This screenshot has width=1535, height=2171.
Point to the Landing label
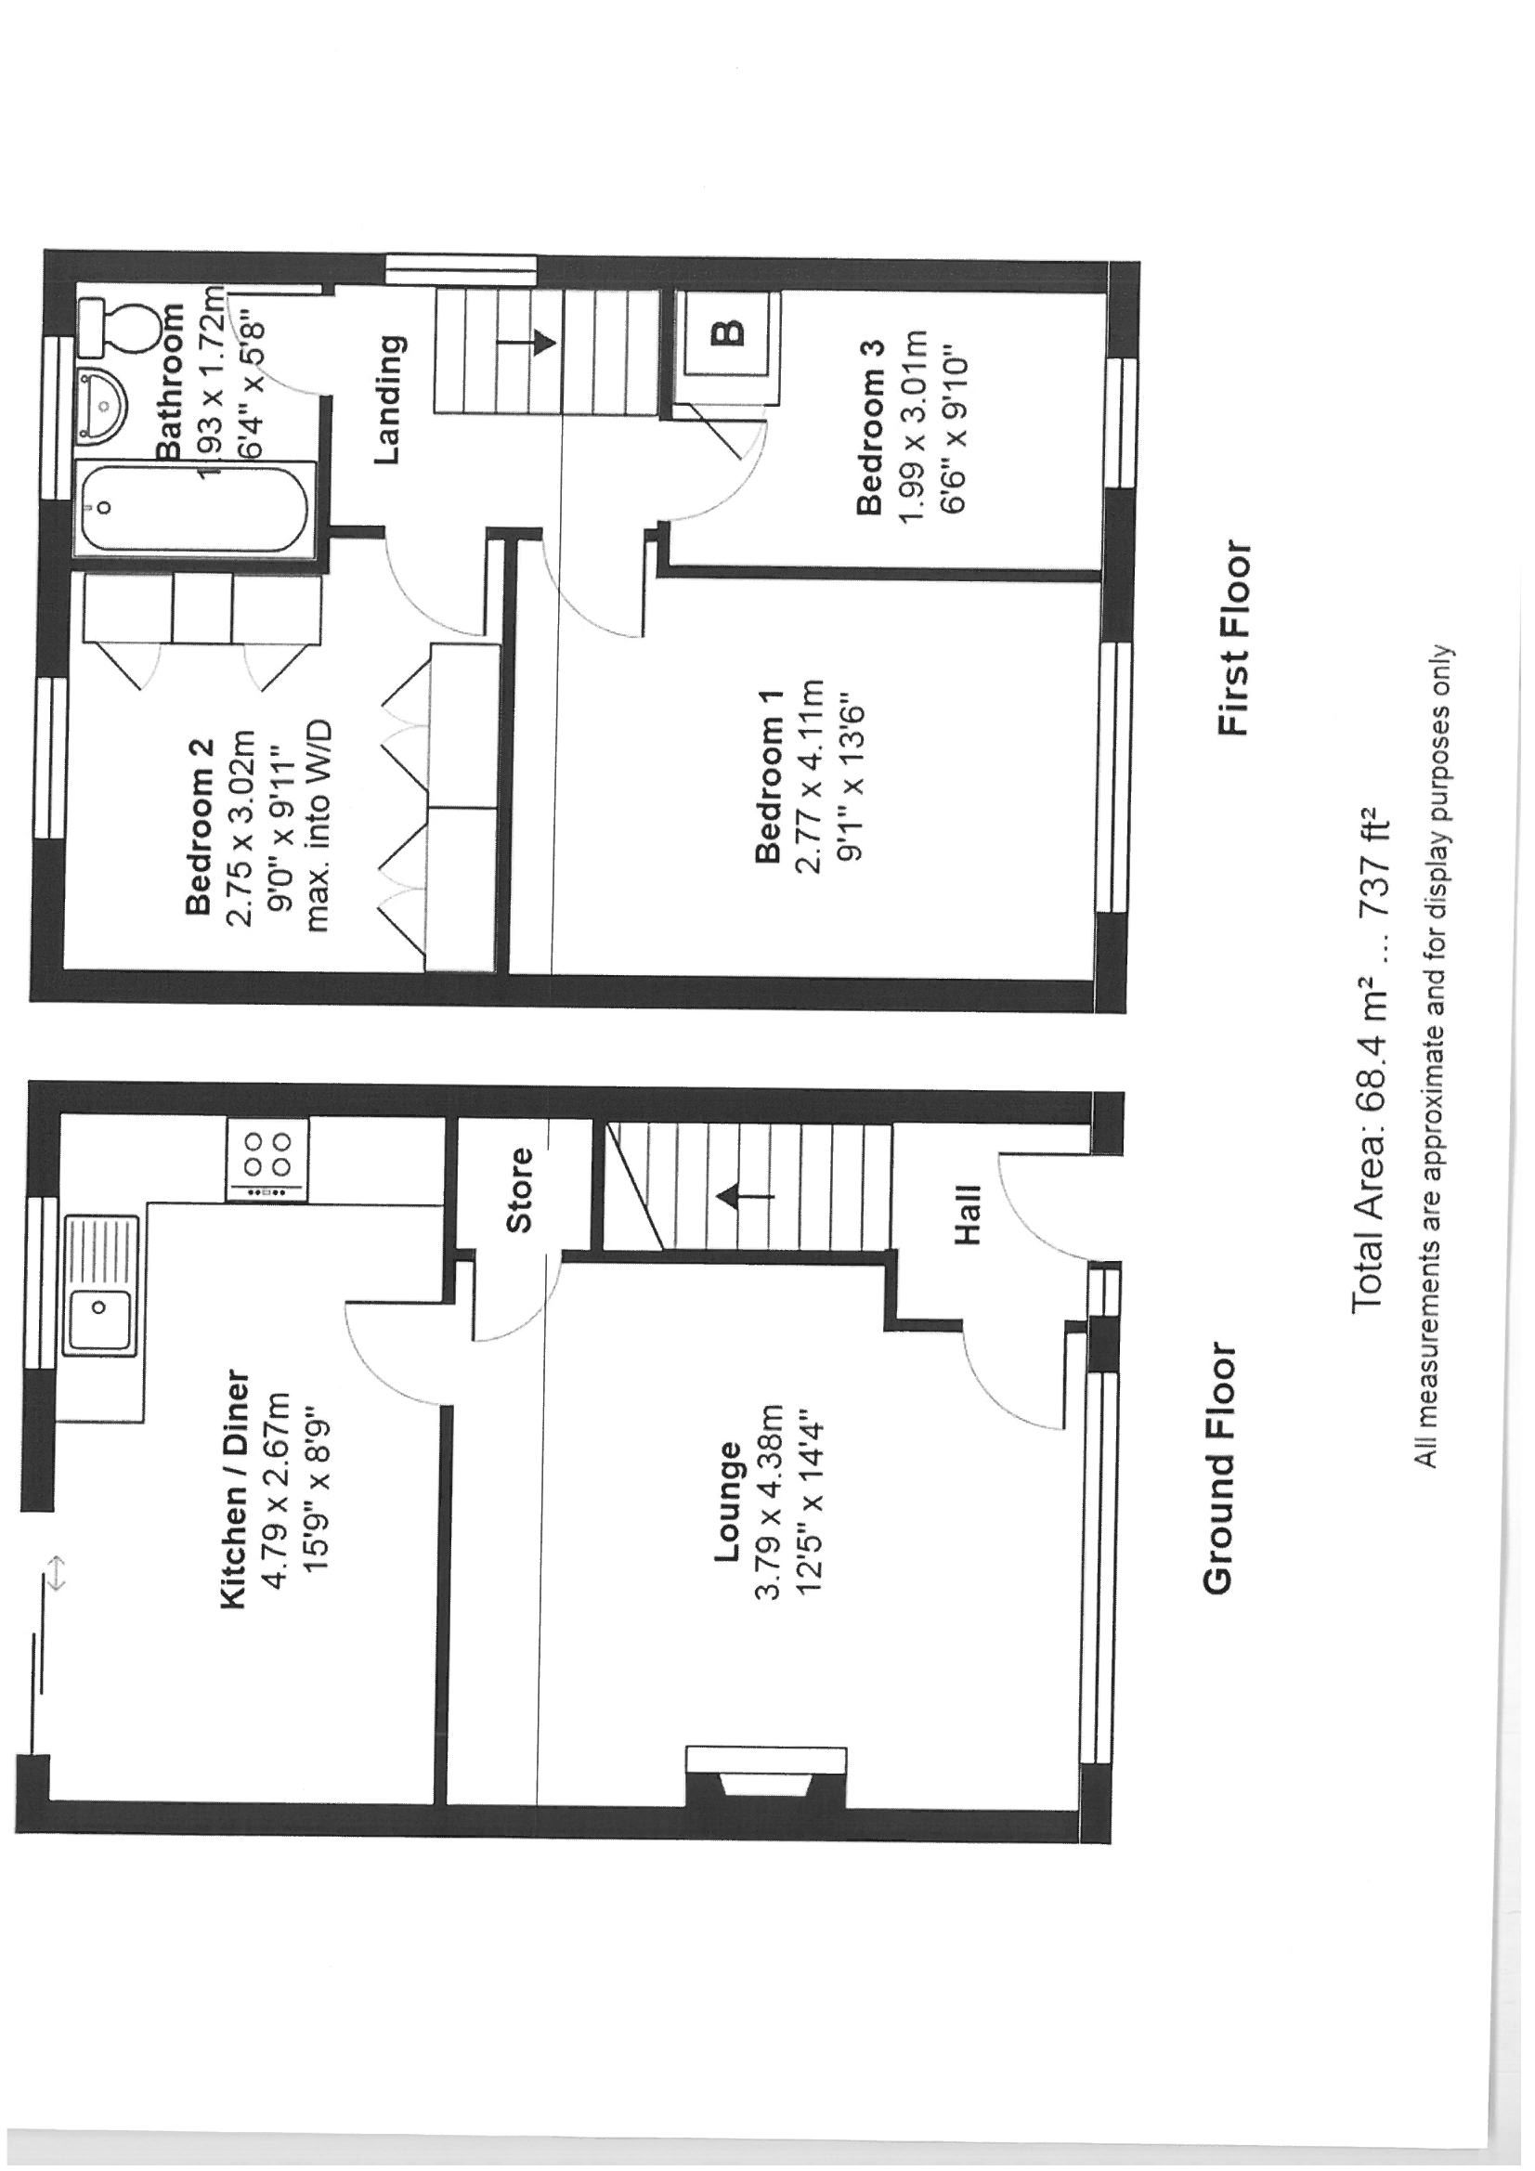pos(389,400)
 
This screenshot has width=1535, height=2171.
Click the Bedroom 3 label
pos(871,426)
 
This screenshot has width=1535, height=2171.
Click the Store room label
pos(519,1189)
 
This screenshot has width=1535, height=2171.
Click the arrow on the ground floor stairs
pos(747,1197)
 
